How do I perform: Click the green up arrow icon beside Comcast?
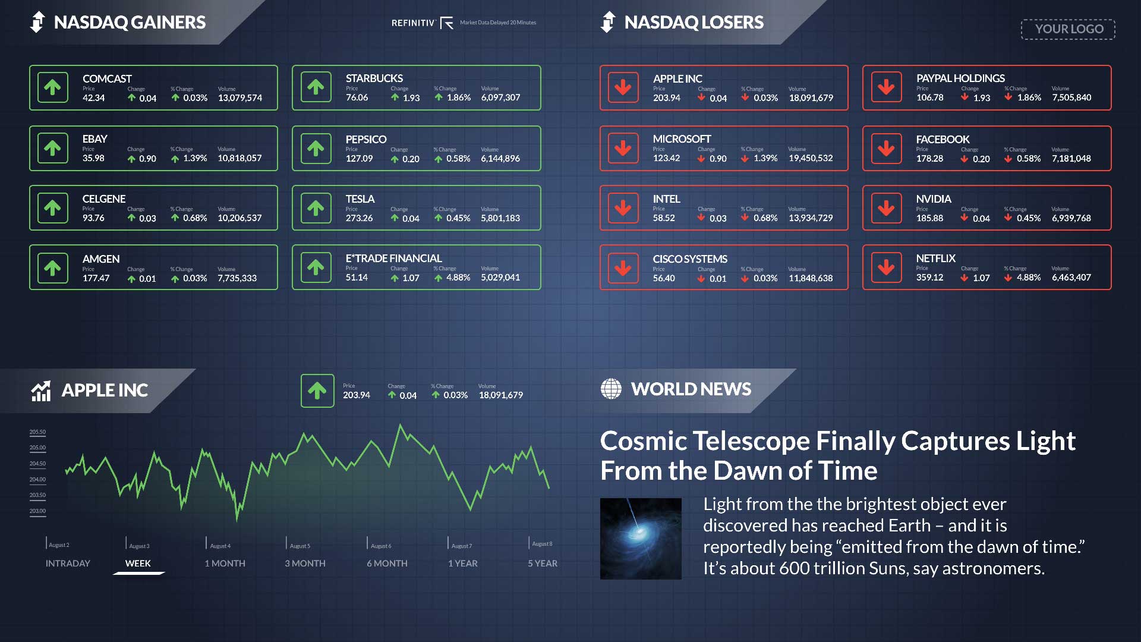[52, 87]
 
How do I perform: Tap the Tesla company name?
[360, 199]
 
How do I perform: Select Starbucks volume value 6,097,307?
[500, 97]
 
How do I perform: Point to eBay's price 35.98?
[93, 158]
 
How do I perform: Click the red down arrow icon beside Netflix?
[886, 267]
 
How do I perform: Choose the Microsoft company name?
[682, 139]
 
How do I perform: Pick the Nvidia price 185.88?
[929, 218]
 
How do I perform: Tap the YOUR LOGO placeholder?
[1068, 29]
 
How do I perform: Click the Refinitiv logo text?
[413, 23]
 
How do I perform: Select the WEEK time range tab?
[138, 563]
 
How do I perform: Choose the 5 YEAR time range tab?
[543, 563]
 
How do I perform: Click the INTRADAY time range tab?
[68, 563]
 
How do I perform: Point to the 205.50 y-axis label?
[37, 432]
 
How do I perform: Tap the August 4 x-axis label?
[220, 546]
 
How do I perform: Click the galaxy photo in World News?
[641, 539]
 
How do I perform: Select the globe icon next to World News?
[611, 389]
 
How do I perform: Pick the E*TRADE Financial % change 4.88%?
[458, 278]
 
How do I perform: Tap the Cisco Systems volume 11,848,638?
[811, 278]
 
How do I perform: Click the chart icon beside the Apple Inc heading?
[41, 391]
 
